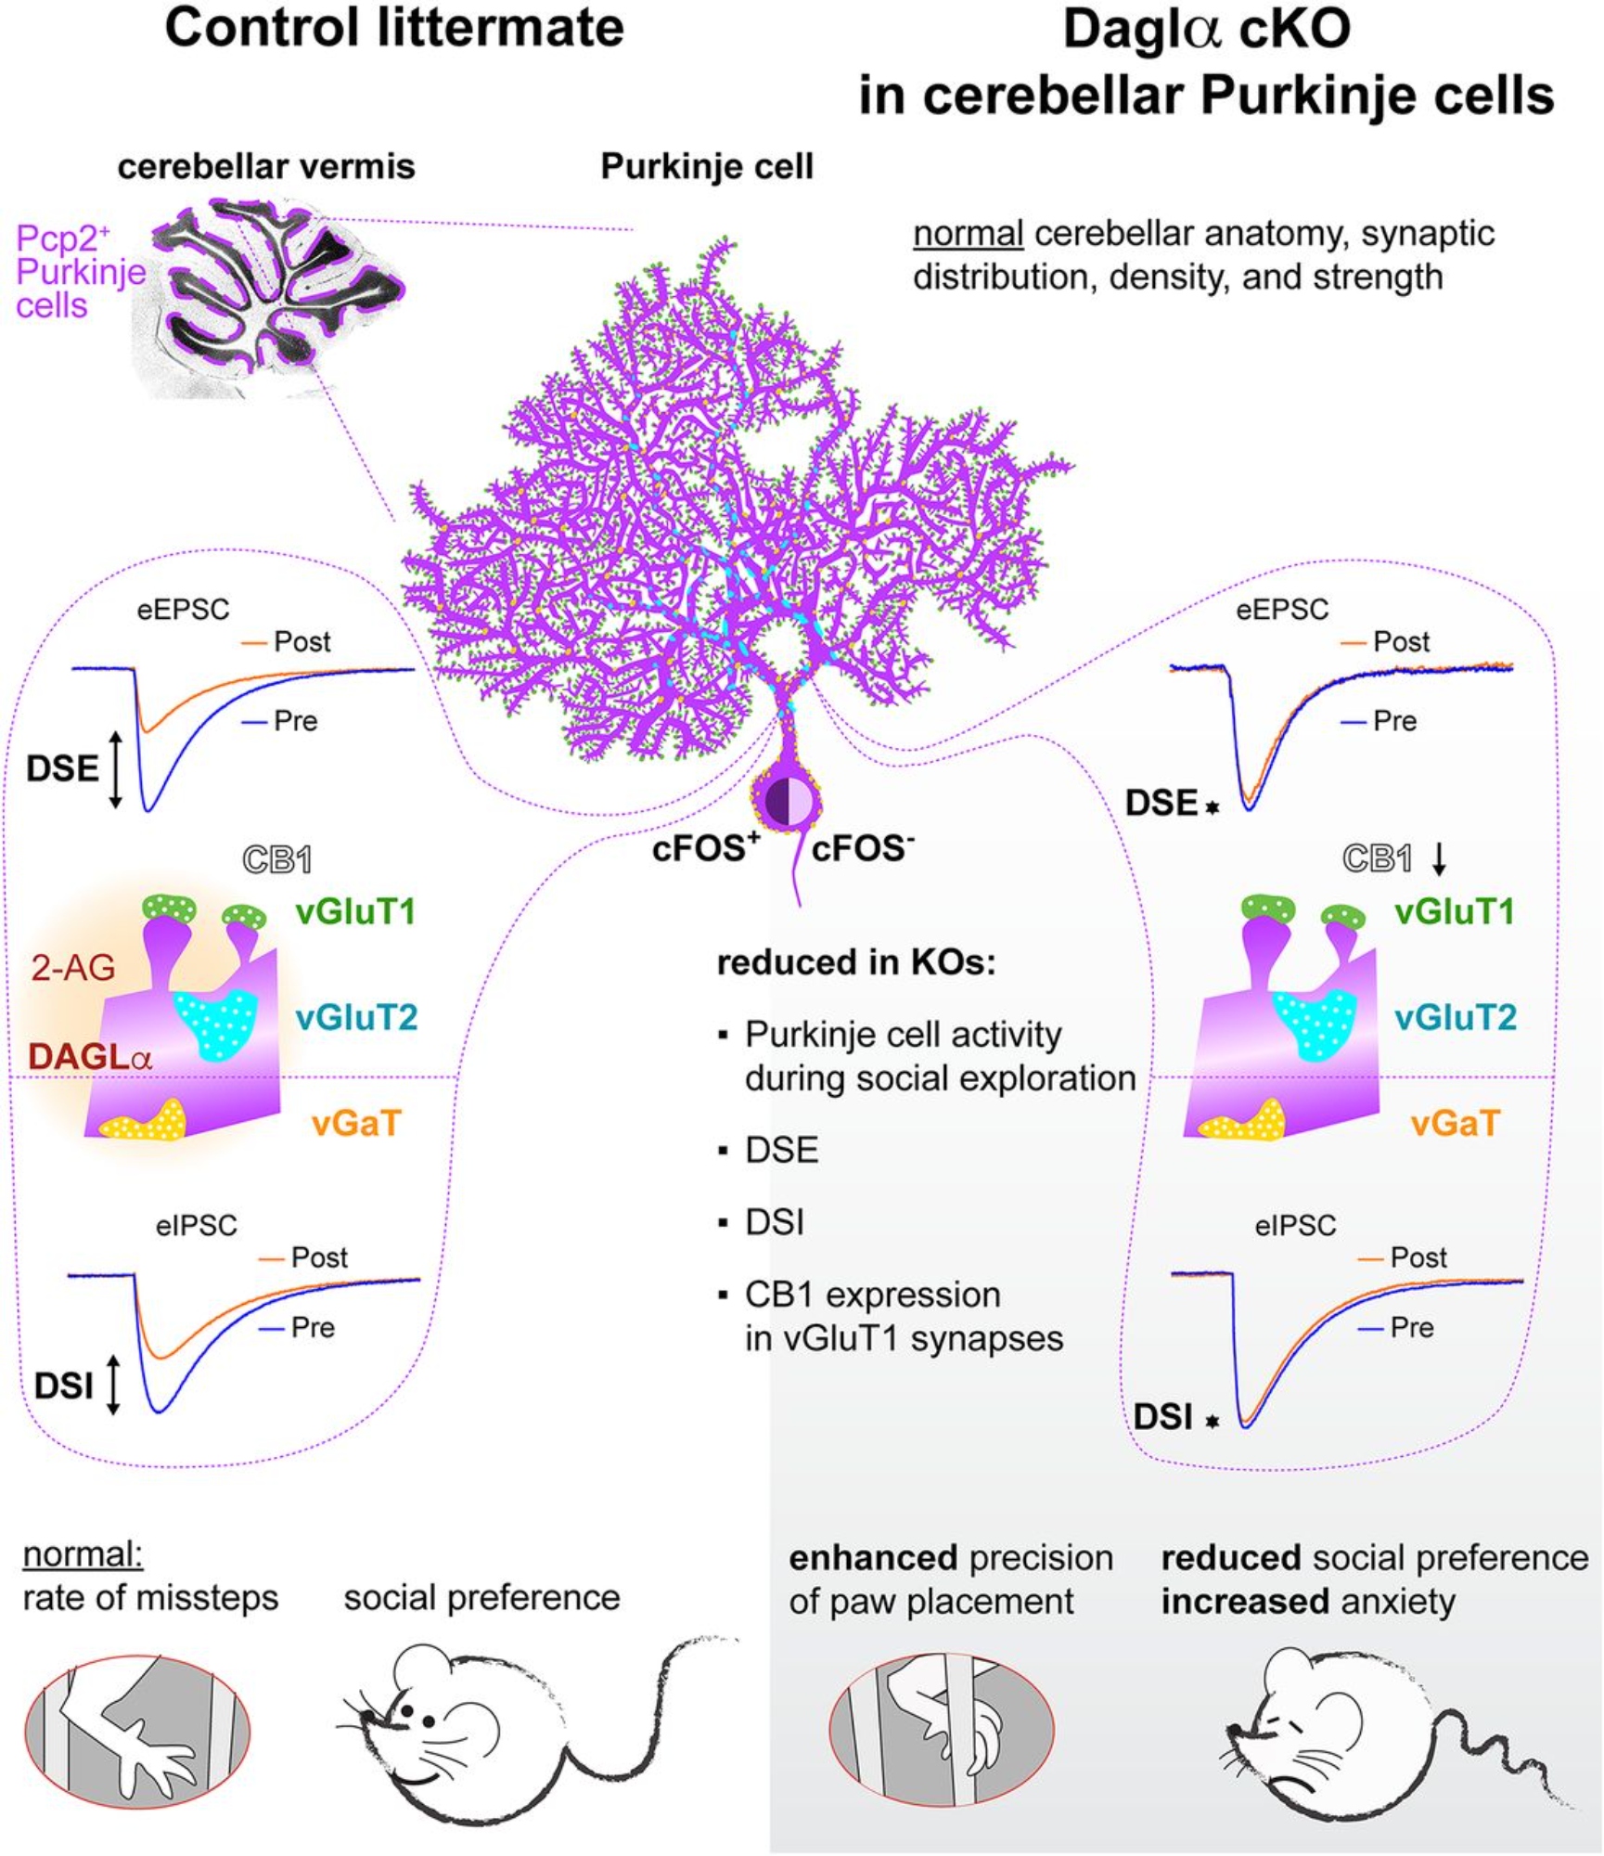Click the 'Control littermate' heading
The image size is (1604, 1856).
click(394, 29)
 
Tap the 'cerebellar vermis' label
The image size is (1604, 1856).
click(266, 167)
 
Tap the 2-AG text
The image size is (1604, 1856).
click(73, 969)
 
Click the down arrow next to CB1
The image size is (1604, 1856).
click(1438, 860)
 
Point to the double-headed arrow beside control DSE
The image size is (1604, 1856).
click(115, 769)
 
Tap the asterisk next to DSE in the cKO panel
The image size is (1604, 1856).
click(1212, 807)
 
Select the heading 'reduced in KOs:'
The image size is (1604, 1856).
click(855, 963)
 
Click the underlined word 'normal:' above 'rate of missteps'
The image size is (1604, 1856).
click(83, 1554)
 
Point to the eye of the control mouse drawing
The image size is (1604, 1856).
click(406, 1708)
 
